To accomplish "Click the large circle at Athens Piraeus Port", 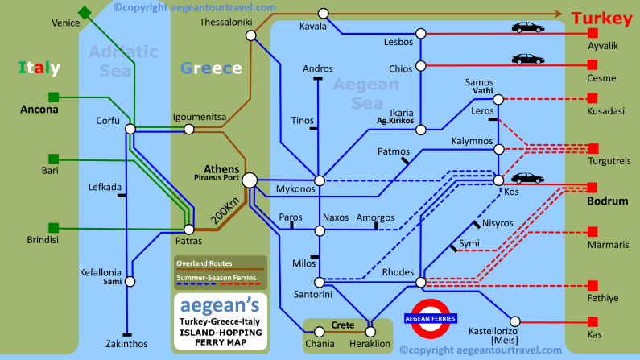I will (250, 181).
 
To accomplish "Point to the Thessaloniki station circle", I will (251, 35).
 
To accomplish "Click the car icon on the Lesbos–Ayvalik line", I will (527, 27).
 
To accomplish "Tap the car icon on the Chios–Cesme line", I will (527, 59).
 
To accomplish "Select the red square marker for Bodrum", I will (593, 185).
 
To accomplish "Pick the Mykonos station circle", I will (320, 180).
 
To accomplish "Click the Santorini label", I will (316, 295).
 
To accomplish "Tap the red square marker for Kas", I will (593, 319).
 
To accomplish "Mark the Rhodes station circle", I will (420, 283).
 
